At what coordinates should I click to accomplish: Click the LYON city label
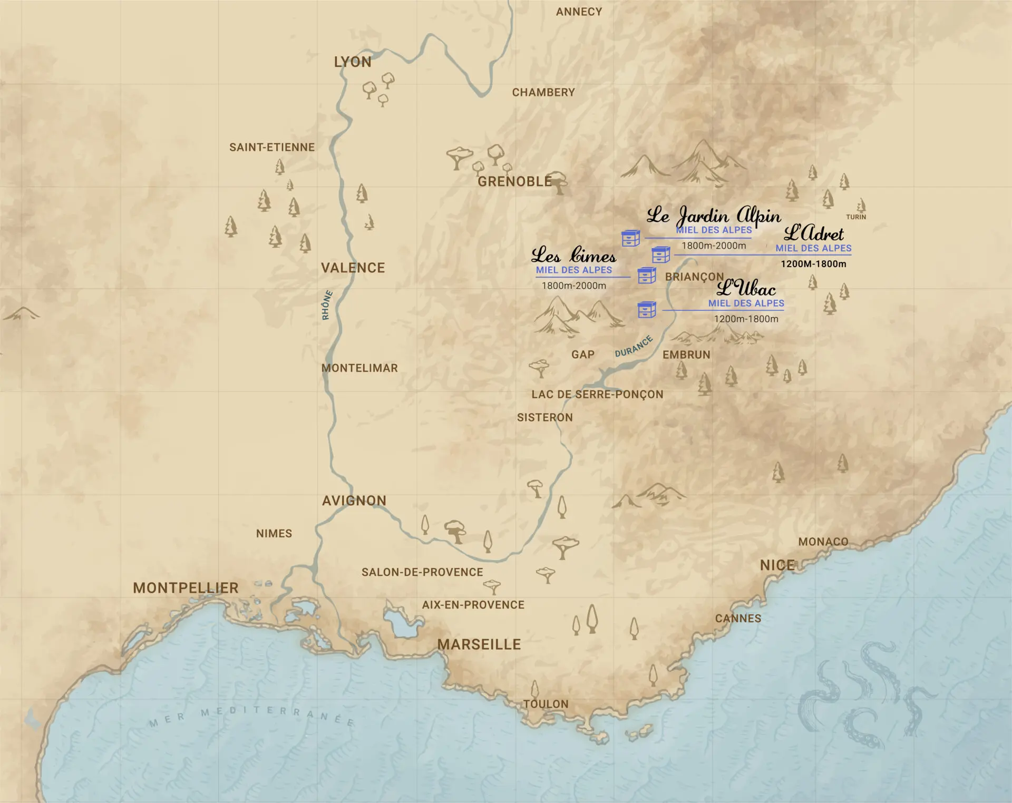[353, 62]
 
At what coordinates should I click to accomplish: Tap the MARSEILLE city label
[479, 644]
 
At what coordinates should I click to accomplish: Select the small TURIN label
[856, 217]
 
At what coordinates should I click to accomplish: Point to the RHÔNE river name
[327, 305]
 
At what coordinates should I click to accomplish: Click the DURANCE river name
[634, 347]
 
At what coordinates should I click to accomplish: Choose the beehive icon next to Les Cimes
[647, 276]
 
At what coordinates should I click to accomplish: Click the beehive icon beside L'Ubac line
[647, 310]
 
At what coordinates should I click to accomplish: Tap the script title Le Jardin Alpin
[714, 216]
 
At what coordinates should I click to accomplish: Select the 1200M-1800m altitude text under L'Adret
[813, 264]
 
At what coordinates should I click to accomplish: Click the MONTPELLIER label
[186, 588]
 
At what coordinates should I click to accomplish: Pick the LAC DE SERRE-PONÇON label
[597, 395]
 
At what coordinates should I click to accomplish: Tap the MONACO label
[823, 542]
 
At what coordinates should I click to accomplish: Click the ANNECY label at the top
[579, 12]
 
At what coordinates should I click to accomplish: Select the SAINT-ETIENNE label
[272, 148]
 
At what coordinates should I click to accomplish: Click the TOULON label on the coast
[546, 704]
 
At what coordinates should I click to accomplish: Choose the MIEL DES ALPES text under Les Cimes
[573, 270]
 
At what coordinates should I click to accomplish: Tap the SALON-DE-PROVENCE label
[422, 572]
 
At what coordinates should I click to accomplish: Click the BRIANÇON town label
[694, 277]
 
